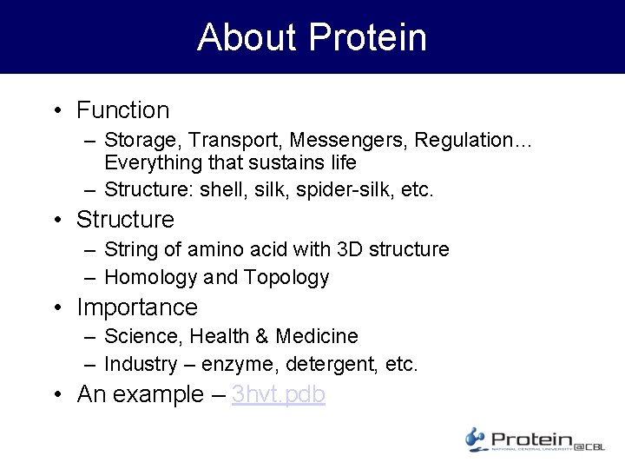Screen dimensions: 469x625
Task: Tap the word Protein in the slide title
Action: [x=367, y=37]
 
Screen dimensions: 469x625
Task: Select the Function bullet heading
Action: [x=122, y=110]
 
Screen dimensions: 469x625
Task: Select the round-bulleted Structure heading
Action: [x=125, y=220]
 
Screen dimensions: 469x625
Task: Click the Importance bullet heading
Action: [x=137, y=307]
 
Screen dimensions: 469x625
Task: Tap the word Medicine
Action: [x=317, y=336]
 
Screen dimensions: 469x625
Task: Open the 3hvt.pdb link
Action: [x=279, y=394]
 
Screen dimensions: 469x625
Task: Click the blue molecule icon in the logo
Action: [x=475, y=439]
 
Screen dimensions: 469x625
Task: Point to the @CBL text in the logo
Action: [x=590, y=446]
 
